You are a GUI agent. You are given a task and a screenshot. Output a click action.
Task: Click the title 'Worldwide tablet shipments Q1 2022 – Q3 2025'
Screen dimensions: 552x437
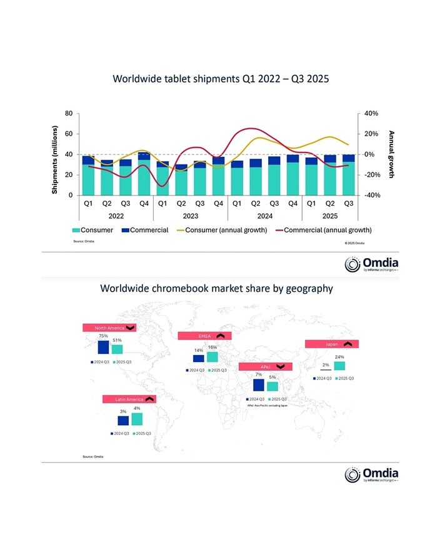click(x=220, y=79)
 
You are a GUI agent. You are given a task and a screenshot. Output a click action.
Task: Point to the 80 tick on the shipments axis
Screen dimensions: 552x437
click(x=68, y=114)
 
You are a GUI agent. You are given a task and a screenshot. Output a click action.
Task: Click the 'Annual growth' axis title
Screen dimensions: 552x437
click(x=391, y=154)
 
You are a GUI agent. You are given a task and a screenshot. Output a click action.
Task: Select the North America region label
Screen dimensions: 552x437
click(x=109, y=327)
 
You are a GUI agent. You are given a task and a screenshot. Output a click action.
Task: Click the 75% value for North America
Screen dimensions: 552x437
click(x=103, y=336)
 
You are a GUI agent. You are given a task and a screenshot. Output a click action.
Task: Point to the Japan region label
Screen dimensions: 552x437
click(x=332, y=344)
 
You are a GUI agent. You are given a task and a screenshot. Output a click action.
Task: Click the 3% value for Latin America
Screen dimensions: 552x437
click(x=123, y=411)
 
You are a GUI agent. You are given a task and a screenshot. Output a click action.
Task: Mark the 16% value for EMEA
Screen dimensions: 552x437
click(x=213, y=347)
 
